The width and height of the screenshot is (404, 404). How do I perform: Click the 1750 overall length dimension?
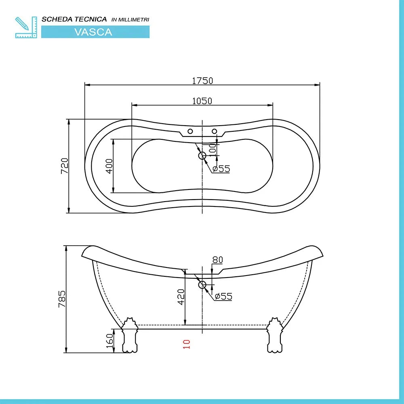pos(202,80)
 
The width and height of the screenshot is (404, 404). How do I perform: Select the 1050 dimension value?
pos(202,101)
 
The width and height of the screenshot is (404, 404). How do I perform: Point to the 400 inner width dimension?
pos(109,166)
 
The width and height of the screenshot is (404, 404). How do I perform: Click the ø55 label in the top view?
pos(221,169)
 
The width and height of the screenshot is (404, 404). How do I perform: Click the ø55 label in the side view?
pos(223,297)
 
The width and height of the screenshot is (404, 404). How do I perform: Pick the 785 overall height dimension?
pos(62,299)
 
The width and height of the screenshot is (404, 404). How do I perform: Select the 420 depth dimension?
pos(181,297)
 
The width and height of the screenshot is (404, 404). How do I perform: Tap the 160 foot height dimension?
pos(109,341)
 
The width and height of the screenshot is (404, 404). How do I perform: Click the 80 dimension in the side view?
pos(217,260)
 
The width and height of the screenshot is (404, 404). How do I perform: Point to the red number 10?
pos(186,344)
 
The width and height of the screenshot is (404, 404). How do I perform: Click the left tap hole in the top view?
pos(189,131)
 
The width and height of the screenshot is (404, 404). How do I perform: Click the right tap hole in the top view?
pos(215,131)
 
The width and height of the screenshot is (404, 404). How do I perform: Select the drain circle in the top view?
pos(202,156)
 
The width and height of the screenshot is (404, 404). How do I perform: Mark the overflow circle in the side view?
pos(202,285)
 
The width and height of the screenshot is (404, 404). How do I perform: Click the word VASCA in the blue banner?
pos(93,32)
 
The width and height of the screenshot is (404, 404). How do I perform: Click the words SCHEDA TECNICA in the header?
pos(74,19)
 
